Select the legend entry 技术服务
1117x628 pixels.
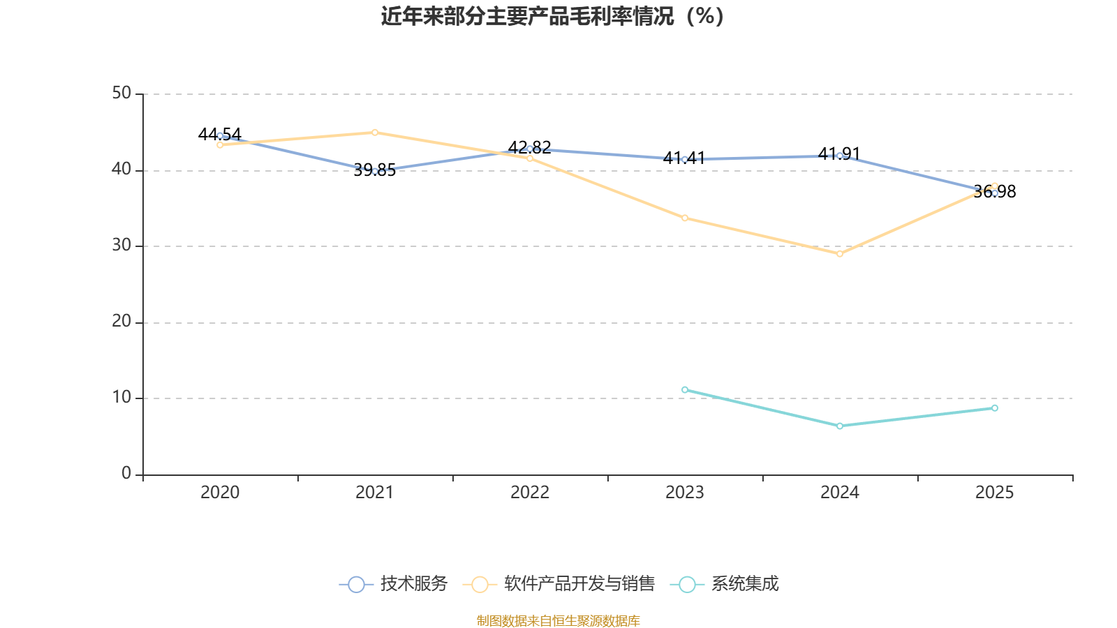(394, 584)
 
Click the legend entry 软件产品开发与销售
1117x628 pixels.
(559, 584)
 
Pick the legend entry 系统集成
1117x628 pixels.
(724, 584)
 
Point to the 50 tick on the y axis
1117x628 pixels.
(121, 94)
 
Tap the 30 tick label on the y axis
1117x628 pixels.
(121, 246)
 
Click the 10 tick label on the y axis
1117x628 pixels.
(121, 398)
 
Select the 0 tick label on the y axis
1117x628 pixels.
(126, 474)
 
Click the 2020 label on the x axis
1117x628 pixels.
(220, 493)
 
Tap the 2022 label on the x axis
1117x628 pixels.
(530, 493)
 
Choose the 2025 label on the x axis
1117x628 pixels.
(994, 493)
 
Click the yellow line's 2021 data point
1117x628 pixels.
(375, 133)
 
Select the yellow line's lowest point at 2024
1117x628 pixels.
(840, 254)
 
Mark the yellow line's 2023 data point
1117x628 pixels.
(685, 218)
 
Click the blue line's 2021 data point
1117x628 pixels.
(375, 171)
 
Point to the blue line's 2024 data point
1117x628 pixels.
(840, 156)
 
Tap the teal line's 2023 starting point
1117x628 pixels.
(685, 390)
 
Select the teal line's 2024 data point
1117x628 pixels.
(840, 426)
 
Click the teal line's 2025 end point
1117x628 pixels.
(995, 408)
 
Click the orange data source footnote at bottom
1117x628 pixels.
(558, 620)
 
